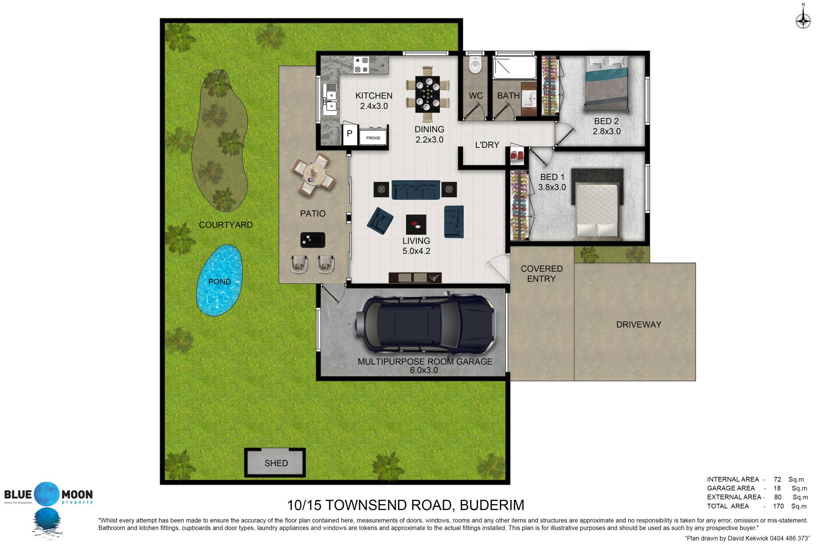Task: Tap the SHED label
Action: click(x=276, y=463)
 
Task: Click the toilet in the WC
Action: click(x=474, y=65)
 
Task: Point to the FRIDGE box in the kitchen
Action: click(x=373, y=138)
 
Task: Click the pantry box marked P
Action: click(x=349, y=134)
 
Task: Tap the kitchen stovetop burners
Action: click(x=361, y=65)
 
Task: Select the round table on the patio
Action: click(x=314, y=174)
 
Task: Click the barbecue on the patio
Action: click(x=313, y=240)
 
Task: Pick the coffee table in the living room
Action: click(x=416, y=225)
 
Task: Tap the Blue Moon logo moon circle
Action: click(x=46, y=494)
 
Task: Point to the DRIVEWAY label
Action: click(x=639, y=324)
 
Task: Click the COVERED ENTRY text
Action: click(x=541, y=274)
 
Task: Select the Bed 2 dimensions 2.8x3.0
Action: click(x=607, y=132)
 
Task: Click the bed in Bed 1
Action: click(x=597, y=209)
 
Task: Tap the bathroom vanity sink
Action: click(x=529, y=98)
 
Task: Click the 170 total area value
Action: click(x=778, y=506)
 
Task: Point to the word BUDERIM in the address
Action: click(x=492, y=505)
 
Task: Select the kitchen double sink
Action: click(x=330, y=99)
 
